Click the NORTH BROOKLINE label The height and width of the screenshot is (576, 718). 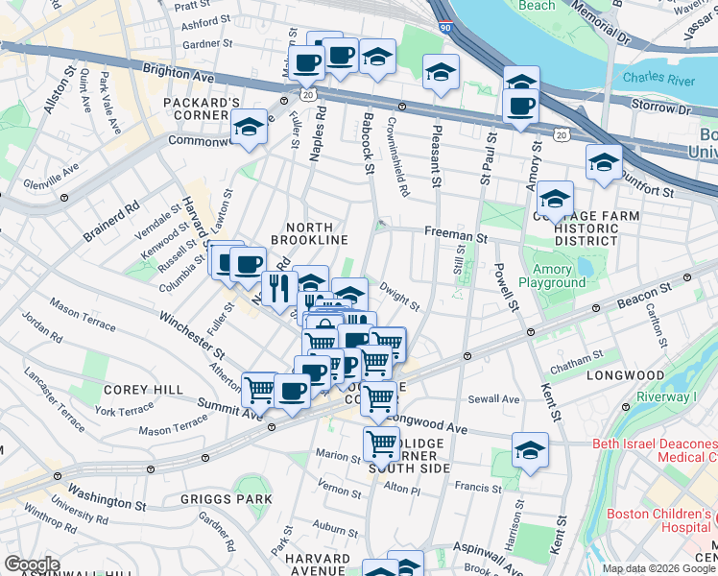point(309,231)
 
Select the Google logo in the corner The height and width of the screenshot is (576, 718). point(32,564)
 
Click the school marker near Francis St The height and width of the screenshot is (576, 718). point(530,449)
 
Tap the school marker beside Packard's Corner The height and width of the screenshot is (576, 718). point(250,127)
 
